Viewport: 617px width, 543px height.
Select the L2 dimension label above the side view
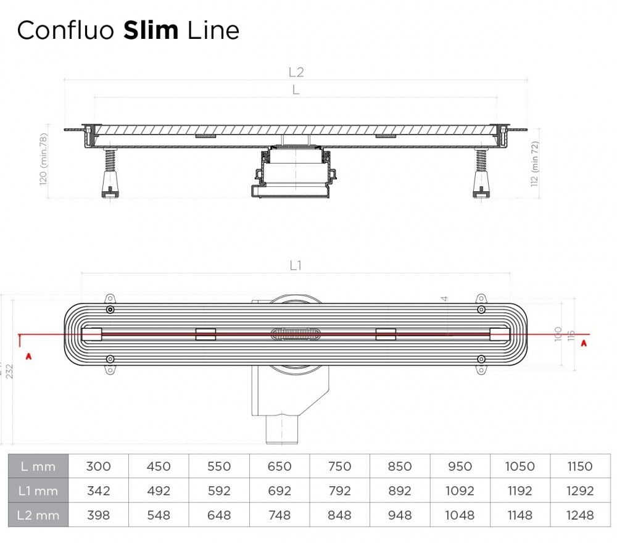tap(296, 72)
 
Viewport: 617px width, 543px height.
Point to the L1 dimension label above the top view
tap(296, 265)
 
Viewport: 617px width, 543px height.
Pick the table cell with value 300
tap(98, 466)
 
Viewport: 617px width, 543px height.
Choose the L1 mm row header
tap(38, 491)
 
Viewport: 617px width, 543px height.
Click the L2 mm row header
tap(38, 515)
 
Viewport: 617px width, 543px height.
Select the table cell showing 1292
tap(580, 491)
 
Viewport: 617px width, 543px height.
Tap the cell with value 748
tap(279, 515)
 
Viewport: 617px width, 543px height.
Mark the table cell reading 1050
tap(520, 466)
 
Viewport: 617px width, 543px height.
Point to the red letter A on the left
tap(27, 356)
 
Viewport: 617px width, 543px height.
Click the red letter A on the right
tap(584, 344)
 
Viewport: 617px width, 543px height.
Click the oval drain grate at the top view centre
tap(296, 334)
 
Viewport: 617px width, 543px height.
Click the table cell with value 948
tap(399, 515)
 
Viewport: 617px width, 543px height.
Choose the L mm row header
tap(38, 466)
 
